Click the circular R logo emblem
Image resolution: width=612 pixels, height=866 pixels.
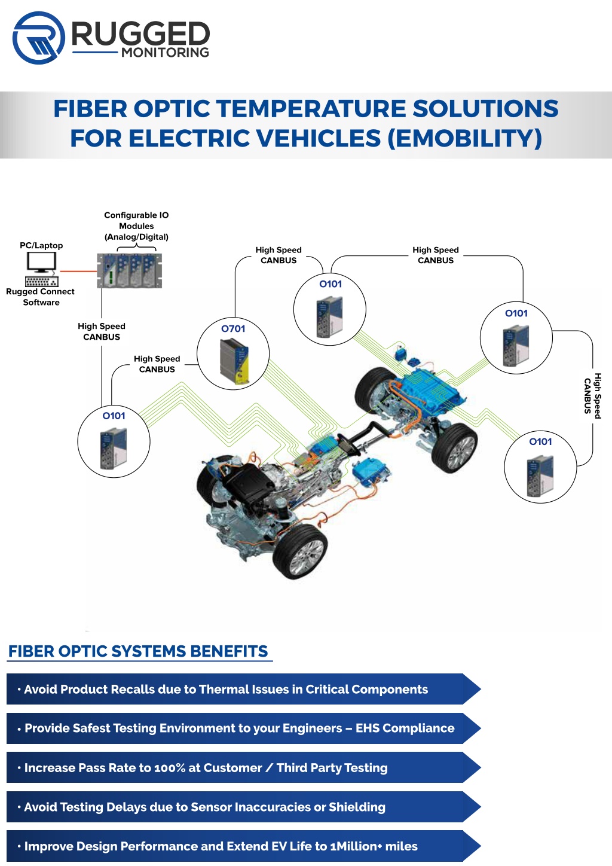pyautogui.click(x=39, y=38)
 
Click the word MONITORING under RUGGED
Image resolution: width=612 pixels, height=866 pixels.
pyautogui.click(x=166, y=52)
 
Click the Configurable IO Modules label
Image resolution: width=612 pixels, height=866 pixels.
pyautogui.click(x=136, y=226)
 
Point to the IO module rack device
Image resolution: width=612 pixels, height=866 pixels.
pyautogui.click(x=129, y=270)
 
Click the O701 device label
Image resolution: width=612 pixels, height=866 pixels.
pyautogui.click(x=233, y=328)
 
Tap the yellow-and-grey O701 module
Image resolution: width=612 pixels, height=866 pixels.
pyautogui.click(x=234, y=361)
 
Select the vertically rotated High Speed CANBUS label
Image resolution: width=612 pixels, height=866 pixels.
pyautogui.click(x=593, y=395)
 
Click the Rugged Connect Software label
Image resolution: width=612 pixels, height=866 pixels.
pyautogui.click(x=41, y=297)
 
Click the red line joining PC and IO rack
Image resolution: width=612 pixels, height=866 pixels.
pyautogui.click(x=78, y=271)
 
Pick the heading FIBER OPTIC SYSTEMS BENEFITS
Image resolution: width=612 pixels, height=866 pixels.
pyautogui.click(x=138, y=651)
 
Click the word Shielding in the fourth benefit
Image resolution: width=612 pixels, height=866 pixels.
pyautogui.click(x=357, y=807)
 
